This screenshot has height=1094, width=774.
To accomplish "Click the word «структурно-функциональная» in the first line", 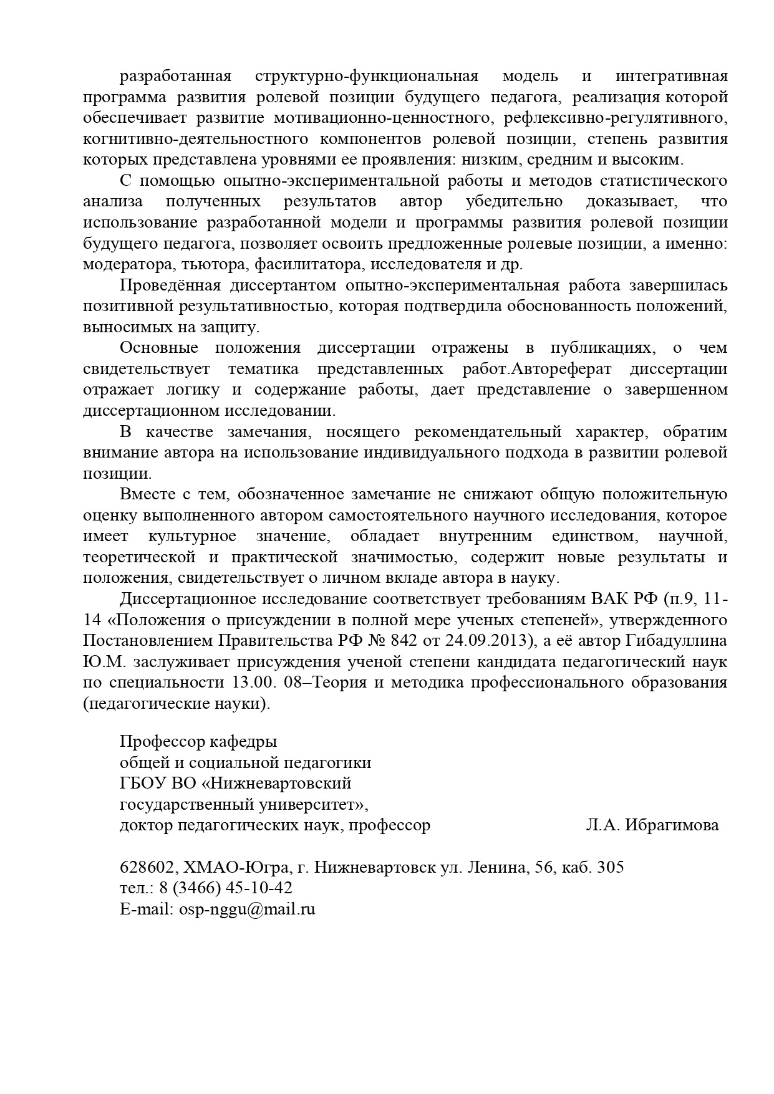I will point(367,77).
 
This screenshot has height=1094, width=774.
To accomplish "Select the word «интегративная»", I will point(671,77).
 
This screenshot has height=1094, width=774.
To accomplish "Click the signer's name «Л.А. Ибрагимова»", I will point(652,825).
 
